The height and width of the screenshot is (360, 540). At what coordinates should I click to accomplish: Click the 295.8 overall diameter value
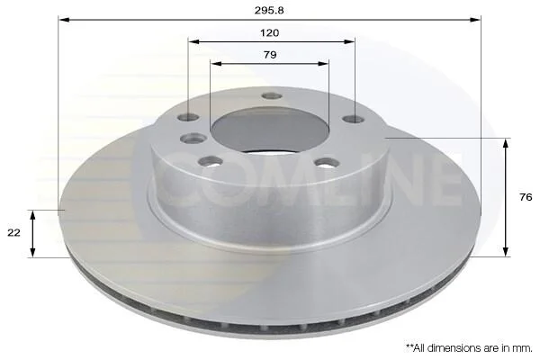(269, 10)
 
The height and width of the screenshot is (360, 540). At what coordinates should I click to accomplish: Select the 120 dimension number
(270, 32)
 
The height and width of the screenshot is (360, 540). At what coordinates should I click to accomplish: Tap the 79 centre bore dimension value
(270, 55)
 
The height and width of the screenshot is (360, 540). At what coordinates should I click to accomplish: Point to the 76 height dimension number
(526, 197)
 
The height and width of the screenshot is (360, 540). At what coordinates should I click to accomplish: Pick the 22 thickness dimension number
(13, 232)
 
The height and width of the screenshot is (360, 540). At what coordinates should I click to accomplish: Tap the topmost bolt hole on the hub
(272, 96)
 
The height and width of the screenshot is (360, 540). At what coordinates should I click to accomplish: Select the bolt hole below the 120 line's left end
(188, 118)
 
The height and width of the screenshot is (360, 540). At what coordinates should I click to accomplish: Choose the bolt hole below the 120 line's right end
(354, 119)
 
